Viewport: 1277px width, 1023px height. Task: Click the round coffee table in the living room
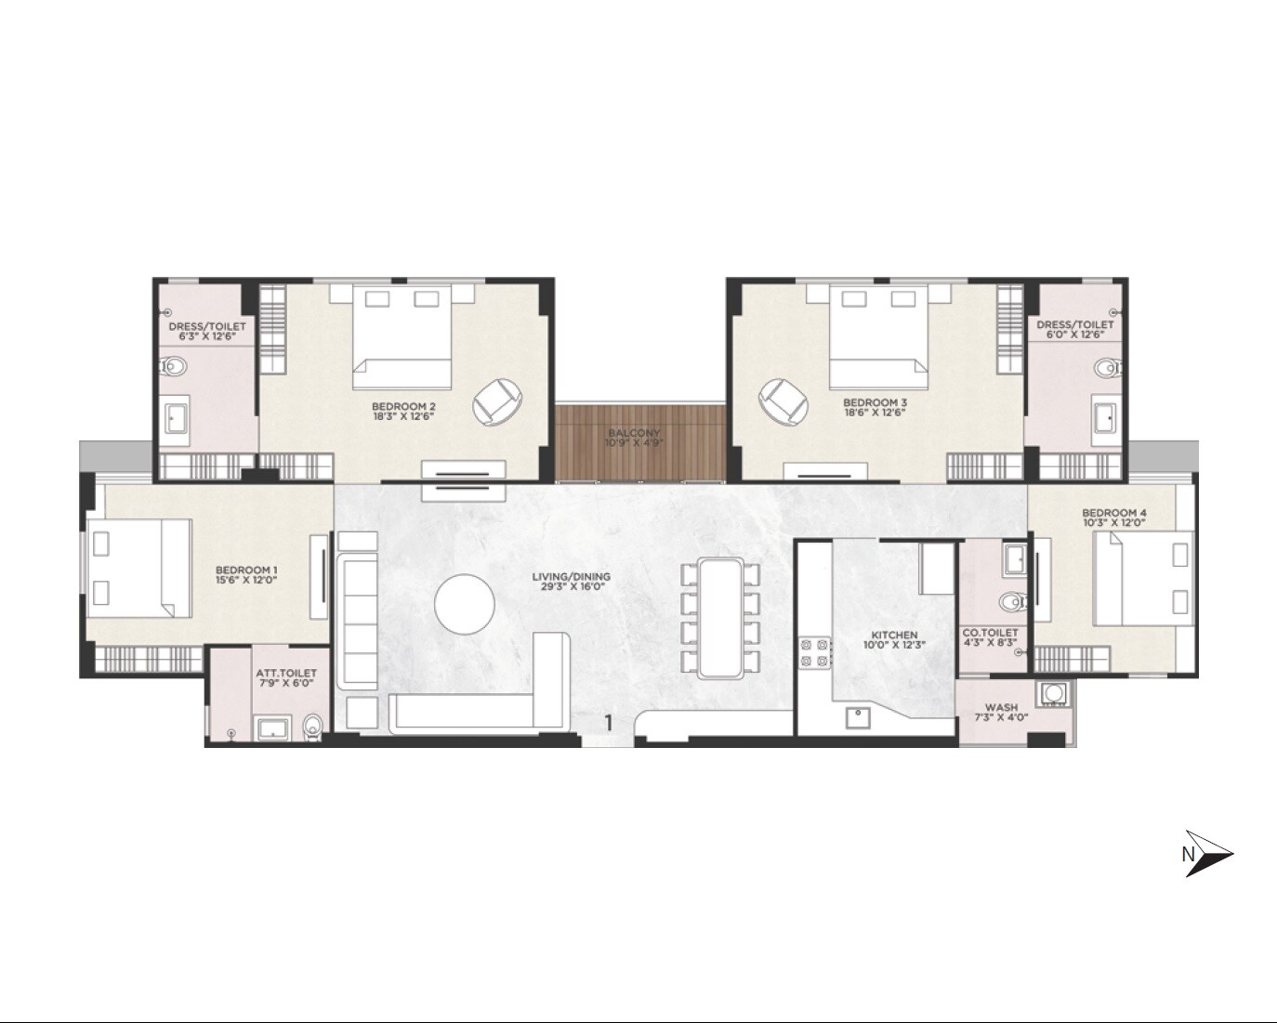tap(465, 605)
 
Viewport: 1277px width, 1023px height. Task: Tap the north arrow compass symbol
tap(1207, 854)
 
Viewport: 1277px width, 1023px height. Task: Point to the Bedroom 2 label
tap(403, 406)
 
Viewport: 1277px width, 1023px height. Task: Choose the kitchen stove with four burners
tap(815, 651)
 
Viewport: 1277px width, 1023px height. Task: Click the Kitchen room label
tap(895, 636)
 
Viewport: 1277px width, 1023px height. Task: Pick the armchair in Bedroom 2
tap(497, 400)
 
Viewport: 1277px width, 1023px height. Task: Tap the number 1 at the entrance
tap(609, 722)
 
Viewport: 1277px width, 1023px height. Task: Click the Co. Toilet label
tap(990, 633)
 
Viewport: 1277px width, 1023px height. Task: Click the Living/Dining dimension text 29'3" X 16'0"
tap(571, 587)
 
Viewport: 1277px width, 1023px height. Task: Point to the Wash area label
tap(1001, 707)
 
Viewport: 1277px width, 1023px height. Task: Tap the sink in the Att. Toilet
tap(271, 727)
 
